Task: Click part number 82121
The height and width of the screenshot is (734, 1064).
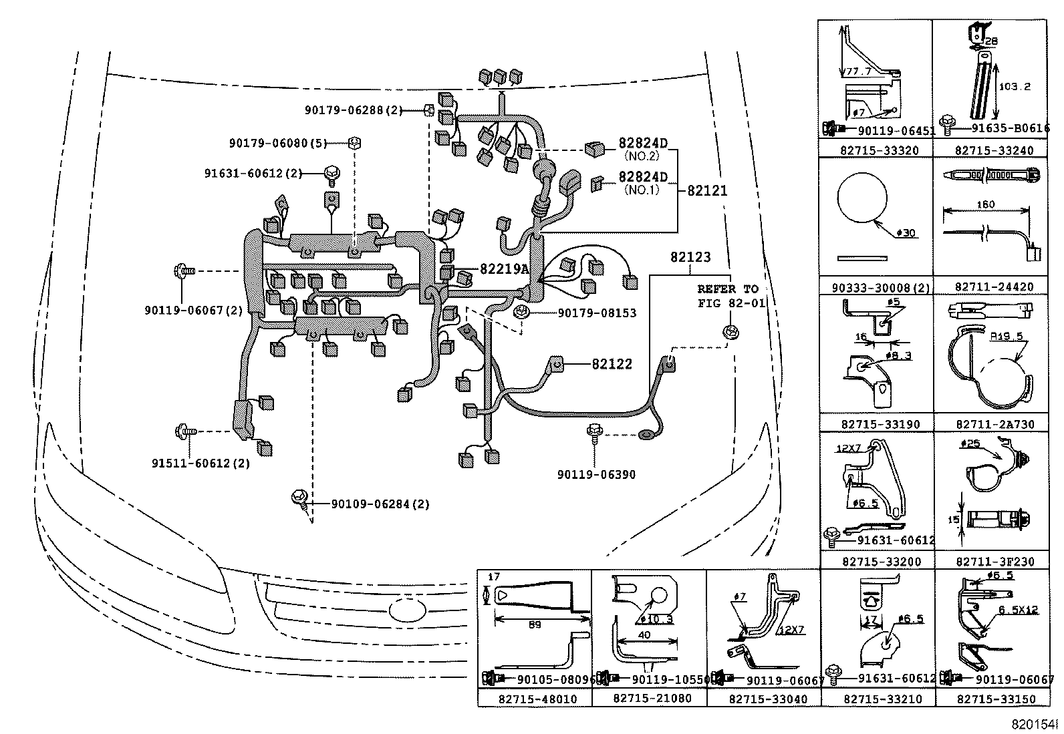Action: point(707,190)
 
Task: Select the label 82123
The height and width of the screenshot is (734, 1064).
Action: point(691,257)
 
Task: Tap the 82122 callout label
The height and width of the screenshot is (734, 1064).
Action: point(612,364)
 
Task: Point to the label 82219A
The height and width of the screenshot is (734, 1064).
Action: point(504,269)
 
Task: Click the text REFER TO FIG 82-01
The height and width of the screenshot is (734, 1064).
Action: point(728,295)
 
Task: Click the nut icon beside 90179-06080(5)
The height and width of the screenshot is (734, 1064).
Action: point(355,142)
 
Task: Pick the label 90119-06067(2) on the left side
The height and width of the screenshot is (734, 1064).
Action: point(194,311)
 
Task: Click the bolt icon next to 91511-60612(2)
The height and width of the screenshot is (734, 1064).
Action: point(182,432)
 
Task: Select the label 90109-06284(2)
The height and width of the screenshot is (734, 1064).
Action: point(380,504)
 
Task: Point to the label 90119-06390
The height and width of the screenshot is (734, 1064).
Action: point(596,475)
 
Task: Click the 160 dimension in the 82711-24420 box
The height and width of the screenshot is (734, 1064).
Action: point(986,204)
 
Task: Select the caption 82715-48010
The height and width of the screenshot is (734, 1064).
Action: point(536,699)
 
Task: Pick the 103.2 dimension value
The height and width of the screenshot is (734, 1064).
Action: point(1015,86)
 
